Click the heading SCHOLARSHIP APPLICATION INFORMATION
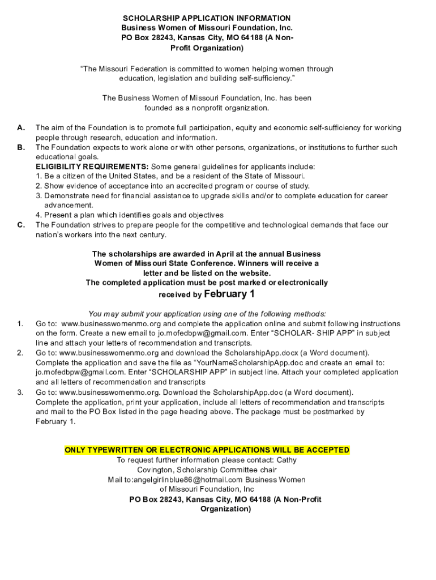click(207, 18)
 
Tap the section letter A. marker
click(21, 127)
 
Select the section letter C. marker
click(21, 225)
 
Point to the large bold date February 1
click(229, 294)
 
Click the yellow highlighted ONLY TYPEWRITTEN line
click(207, 450)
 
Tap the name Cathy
click(287, 460)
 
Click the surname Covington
click(155, 470)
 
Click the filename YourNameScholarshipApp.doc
click(249, 362)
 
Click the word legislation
click(174, 79)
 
